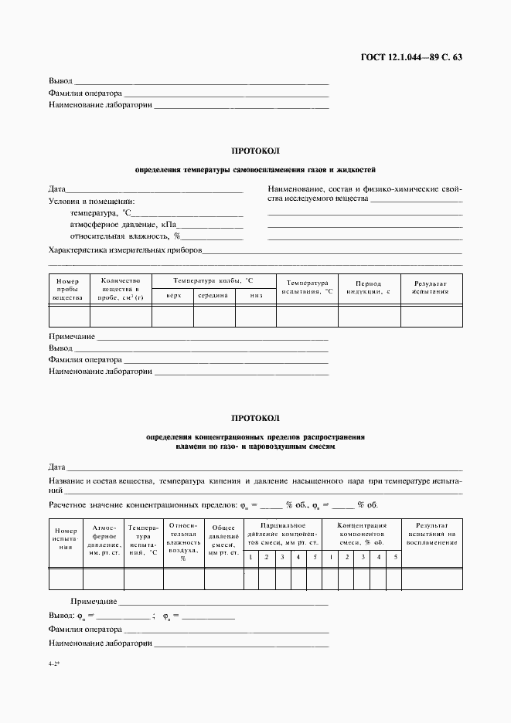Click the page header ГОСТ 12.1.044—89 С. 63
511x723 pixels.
point(412,57)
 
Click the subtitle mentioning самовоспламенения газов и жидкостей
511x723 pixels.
point(255,168)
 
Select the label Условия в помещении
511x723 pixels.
point(91,201)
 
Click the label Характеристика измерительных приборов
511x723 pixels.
point(124,250)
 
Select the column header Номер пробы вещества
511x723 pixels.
point(69,290)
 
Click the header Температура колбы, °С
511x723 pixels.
point(213,281)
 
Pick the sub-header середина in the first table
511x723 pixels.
point(213,296)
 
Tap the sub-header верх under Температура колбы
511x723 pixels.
point(173,296)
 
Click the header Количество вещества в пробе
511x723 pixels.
point(121,290)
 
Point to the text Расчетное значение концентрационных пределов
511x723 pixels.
point(142,506)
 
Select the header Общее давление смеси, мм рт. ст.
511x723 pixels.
point(223,541)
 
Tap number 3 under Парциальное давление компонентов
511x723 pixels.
point(282,557)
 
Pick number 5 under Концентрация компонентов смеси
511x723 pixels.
point(394,557)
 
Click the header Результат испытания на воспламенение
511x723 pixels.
point(431,534)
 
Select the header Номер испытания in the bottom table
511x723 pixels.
point(66,538)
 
